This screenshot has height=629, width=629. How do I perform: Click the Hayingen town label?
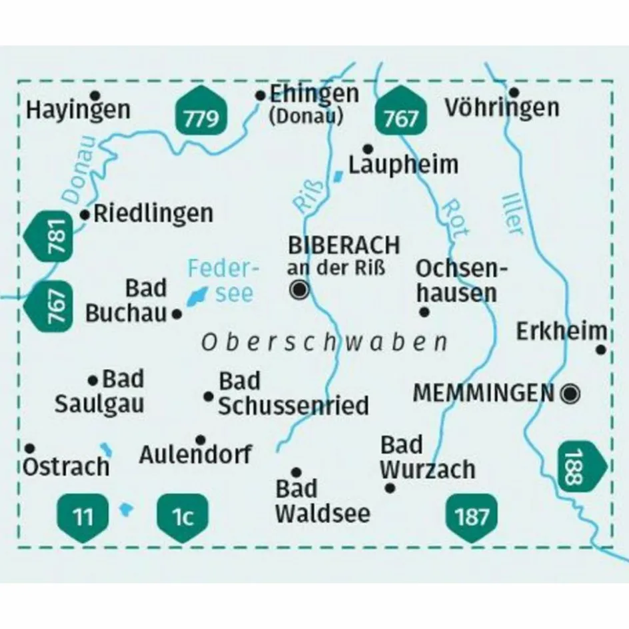tap(78, 110)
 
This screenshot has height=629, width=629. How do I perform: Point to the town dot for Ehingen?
tap(261, 96)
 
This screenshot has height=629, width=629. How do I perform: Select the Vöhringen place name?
tap(502, 107)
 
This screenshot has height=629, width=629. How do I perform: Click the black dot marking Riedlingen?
tap(85, 215)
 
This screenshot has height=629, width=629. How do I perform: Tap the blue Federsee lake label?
tap(222, 281)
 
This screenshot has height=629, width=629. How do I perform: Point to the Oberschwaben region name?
tap(324, 342)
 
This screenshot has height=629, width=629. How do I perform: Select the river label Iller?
tap(512, 212)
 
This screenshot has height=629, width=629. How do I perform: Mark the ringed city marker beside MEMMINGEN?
tap(570, 394)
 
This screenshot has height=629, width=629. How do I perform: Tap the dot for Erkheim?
tap(600, 349)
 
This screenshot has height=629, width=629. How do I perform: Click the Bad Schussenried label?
tap(293, 394)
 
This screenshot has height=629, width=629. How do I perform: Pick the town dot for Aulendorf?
tap(201, 440)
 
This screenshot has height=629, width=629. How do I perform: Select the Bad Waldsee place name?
tap(322, 500)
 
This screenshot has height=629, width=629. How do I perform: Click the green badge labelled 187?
tap(472, 516)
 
